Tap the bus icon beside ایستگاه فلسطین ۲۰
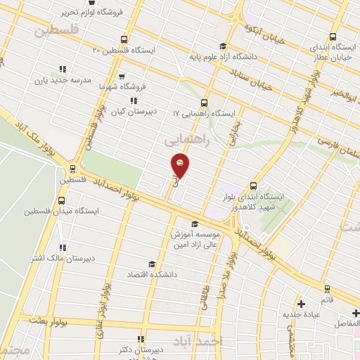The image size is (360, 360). [124, 39]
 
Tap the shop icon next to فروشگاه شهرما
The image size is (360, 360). [122, 76]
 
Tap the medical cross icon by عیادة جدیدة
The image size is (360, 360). [302, 304]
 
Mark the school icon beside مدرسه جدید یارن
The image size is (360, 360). [62, 70]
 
